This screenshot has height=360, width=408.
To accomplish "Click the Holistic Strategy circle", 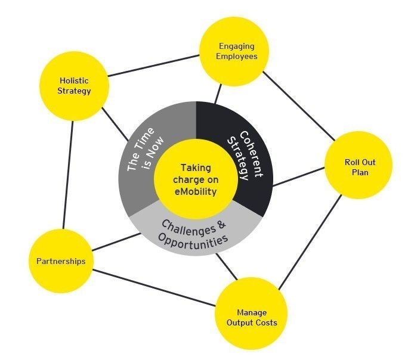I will click(x=74, y=86).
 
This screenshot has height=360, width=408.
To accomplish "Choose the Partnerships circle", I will click(x=61, y=261).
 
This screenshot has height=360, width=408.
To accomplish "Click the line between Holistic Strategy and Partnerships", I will click(x=67, y=173).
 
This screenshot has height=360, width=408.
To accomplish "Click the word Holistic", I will click(x=74, y=80).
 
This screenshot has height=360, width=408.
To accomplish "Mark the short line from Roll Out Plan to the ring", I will click(x=298, y=176).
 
